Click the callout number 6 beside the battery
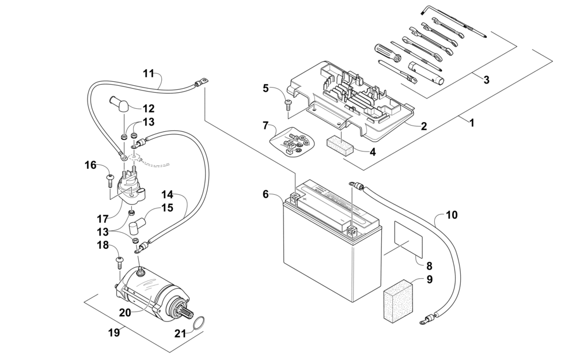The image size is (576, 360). pos(266,195)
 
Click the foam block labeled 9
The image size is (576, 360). pos(399,298)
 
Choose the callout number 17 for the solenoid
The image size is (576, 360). pos(103,219)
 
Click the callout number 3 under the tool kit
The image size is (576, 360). pos(486,80)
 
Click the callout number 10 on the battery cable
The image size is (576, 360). pos(452,216)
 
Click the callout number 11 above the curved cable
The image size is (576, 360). pos(149,73)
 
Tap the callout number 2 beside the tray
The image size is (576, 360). pos(423,125)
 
